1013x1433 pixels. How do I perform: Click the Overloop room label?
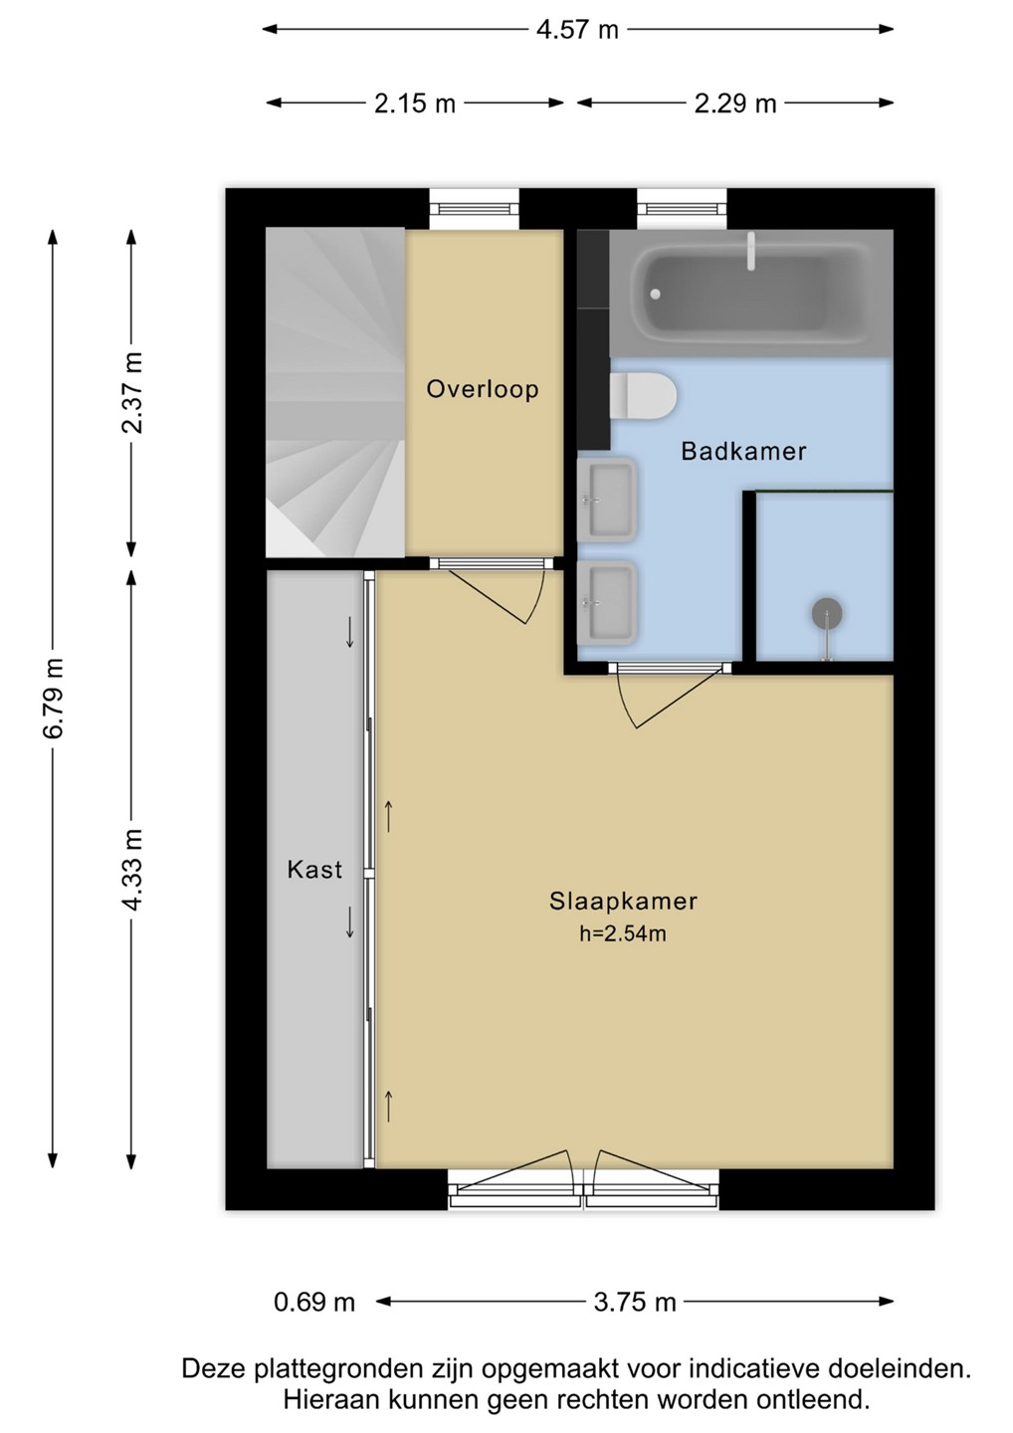pyautogui.click(x=483, y=390)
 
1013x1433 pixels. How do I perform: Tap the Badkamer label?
pyautogui.click(x=743, y=451)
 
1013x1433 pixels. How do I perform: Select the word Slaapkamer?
pyautogui.click(x=623, y=902)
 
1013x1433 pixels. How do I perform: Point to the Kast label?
pyautogui.click(x=314, y=870)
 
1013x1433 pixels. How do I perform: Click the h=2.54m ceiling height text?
pyautogui.click(x=623, y=934)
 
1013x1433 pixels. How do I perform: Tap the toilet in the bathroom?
pyautogui.click(x=643, y=397)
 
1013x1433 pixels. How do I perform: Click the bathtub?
pyautogui.click(x=751, y=294)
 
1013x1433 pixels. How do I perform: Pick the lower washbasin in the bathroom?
pyautogui.click(x=607, y=603)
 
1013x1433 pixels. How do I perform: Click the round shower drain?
pyautogui.click(x=827, y=613)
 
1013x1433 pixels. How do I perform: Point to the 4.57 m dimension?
pyautogui.click(x=577, y=30)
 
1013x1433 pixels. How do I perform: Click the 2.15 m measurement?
pyautogui.click(x=414, y=103)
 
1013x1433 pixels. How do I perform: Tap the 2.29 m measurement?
pyautogui.click(x=735, y=103)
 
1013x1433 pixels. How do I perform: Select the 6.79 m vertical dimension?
pyautogui.click(x=54, y=698)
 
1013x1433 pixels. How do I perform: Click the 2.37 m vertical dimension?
pyautogui.click(x=132, y=393)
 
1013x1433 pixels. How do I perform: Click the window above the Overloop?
pyautogui.click(x=474, y=209)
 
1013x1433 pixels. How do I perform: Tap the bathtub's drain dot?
pyautogui.click(x=654, y=295)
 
